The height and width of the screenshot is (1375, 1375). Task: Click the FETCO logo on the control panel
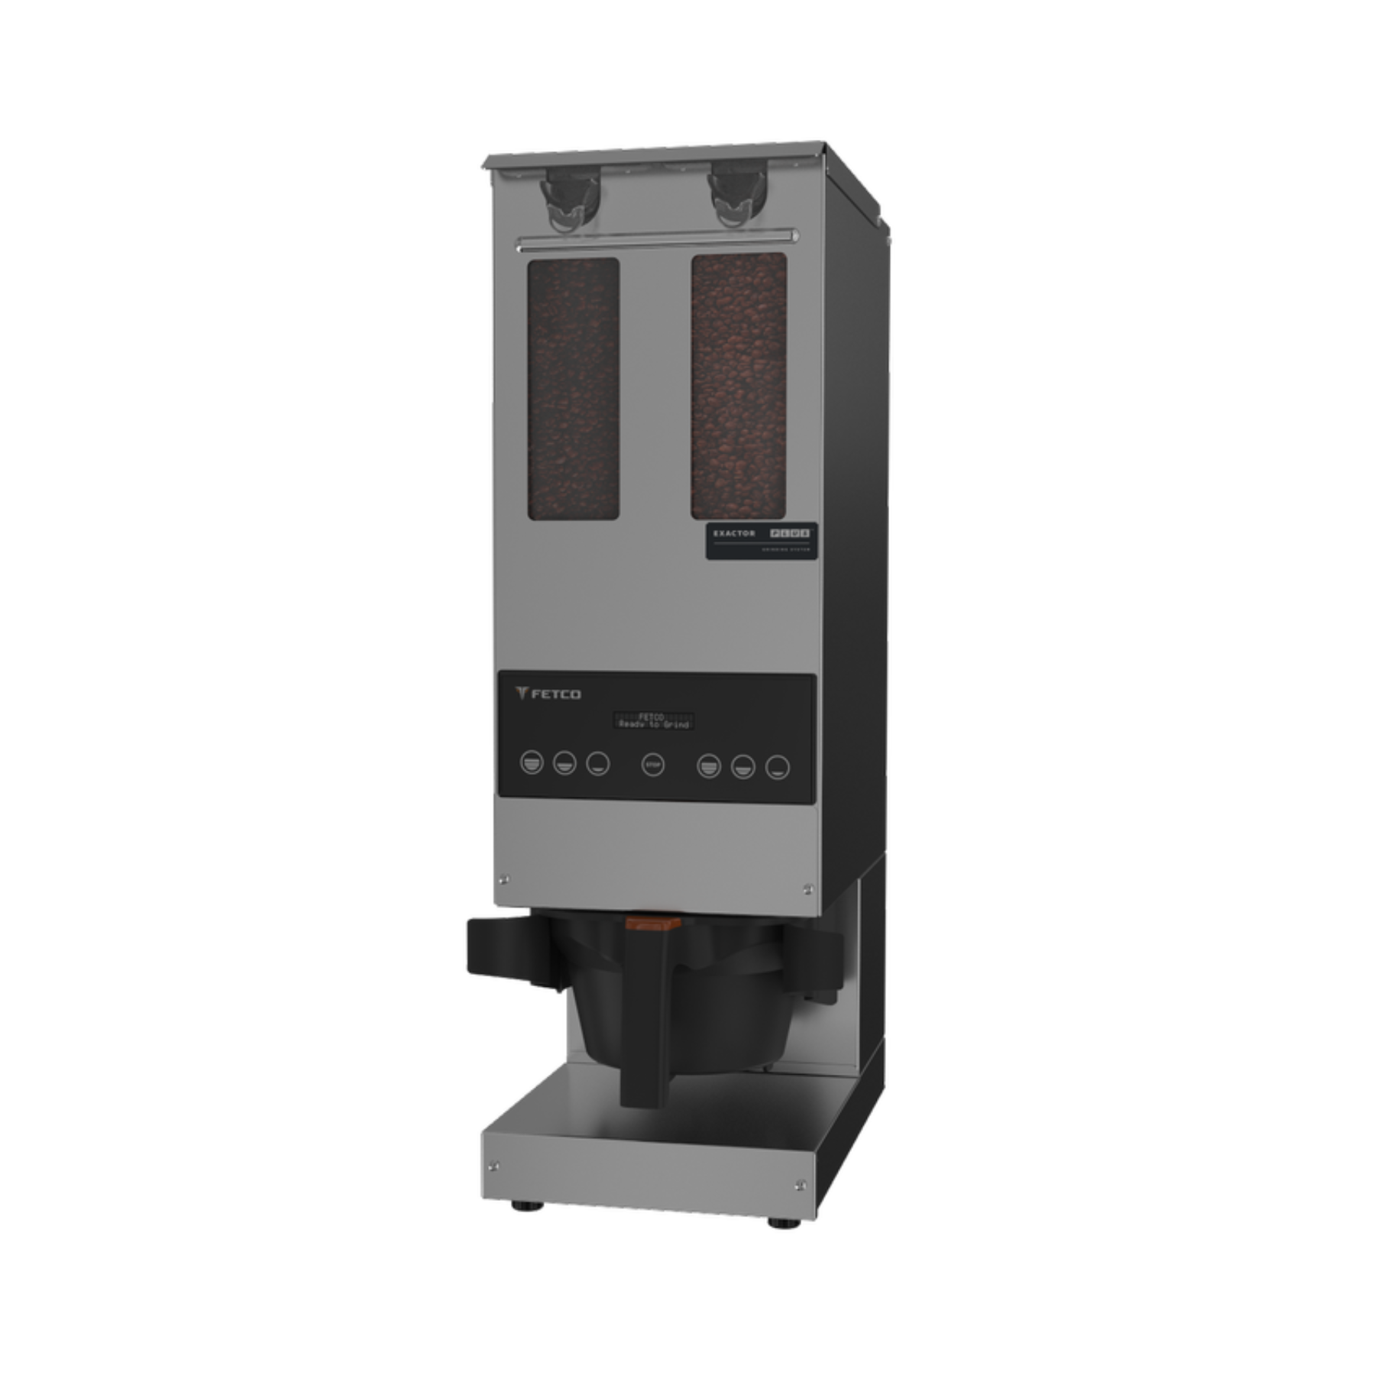(x=548, y=694)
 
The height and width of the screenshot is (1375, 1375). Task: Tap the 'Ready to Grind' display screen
(x=653, y=720)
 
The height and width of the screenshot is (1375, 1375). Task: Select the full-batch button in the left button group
(x=532, y=762)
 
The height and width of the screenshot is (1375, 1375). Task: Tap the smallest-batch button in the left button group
(x=597, y=763)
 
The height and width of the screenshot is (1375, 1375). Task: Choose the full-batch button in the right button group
(x=709, y=766)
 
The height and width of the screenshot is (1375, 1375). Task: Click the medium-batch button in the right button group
(x=742, y=767)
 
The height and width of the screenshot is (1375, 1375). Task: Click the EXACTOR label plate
(x=761, y=541)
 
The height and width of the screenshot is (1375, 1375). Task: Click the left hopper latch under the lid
(x=569, y=201)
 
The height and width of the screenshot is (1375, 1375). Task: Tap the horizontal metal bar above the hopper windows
(x=657, y=242)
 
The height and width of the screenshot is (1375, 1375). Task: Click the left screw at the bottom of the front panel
(x=503, y=879)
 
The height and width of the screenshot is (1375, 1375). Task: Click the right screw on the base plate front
(x=800, y=1185)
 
